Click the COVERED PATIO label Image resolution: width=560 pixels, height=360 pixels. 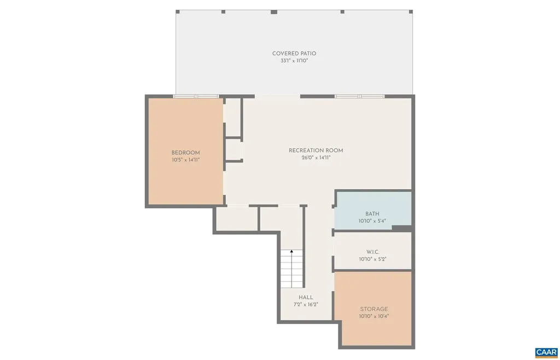click(x=294, y=54)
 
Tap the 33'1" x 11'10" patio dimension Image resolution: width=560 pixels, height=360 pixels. click(x=294, y=61)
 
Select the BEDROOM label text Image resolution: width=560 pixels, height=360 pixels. click(x=185, y=153)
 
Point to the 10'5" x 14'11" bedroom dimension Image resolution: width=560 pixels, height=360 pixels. click(x=185, y=160)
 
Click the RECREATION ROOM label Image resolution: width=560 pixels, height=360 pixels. click(x=316, y=150)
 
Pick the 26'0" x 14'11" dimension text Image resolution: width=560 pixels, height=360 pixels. click(x=316, y=158)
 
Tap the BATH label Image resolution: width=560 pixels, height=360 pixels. click(x=372, y=214)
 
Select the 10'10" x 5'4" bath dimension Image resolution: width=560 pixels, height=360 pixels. click(x=372, y=221)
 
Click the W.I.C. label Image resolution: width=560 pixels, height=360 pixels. click(x=373, y=252)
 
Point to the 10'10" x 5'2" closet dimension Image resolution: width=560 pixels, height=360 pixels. click(x=373, y=259)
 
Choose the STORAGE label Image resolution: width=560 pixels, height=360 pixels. click(x=374, y=309)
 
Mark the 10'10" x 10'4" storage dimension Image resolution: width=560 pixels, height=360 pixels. click(x=374, y=316)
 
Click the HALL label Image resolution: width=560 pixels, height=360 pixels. click(x=306, y=297)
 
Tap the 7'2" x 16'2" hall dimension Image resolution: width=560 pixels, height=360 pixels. click(x=306, y=304)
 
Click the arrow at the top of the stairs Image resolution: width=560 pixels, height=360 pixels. click(x=292, y=252)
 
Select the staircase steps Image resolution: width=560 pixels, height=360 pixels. click(x=292, y=271)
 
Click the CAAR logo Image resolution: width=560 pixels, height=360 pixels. click(x=545, y=351)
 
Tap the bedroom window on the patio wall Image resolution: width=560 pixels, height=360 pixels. click(x=196, y=96)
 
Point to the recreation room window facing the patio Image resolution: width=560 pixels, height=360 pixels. click(x=359, y=96)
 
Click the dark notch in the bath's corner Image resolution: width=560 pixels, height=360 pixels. click(x=402, y=228)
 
